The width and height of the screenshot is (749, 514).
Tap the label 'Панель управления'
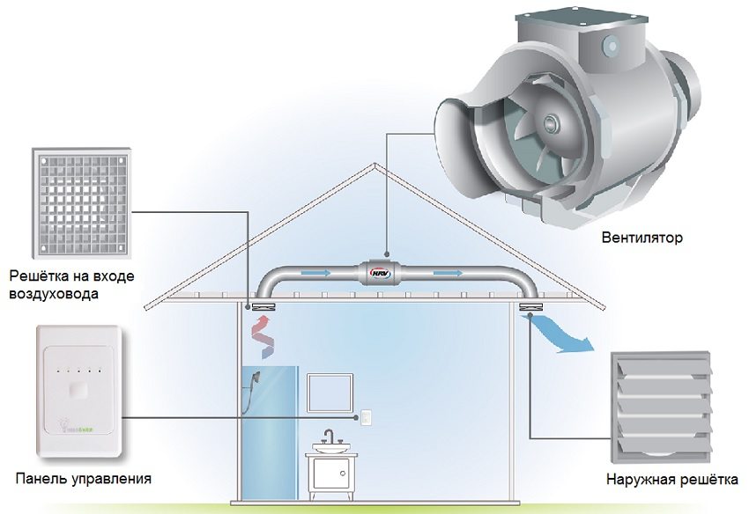[84, 480]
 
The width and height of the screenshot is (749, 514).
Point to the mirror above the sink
[330, 392]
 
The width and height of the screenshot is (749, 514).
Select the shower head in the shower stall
[256, 379]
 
